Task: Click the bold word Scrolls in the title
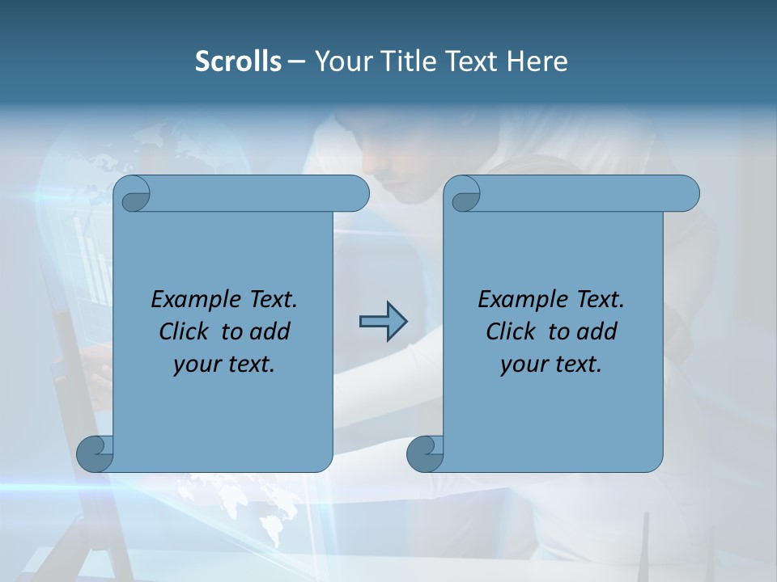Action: (x=239, y=61)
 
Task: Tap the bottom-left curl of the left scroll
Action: (x=95, y=453)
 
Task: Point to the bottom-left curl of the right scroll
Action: (x=425, y=453)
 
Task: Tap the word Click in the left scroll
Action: (x=184, y=332)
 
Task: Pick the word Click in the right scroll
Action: (x=511, y=332)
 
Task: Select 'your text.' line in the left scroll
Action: (x=224, y=365)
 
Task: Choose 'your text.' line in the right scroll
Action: (x=551, y=365)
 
